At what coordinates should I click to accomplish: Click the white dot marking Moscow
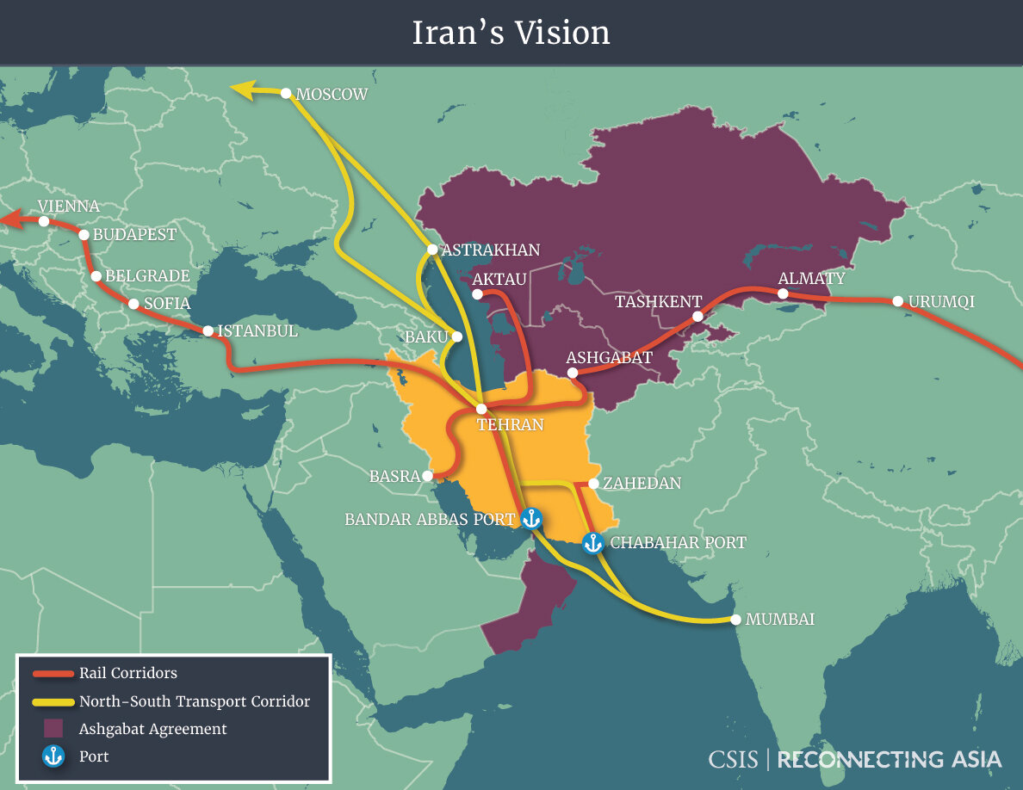(x=287, y=93)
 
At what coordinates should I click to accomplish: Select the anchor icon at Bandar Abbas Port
(x=531, y=518)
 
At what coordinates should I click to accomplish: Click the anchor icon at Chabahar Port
(x=592, y=543)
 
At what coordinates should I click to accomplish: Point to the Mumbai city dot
(x=735, y=619)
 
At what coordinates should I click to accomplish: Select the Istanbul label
(x=257, y=330)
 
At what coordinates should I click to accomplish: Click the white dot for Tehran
(x=481, y=409)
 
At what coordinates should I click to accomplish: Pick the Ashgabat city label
(x=609, y=357)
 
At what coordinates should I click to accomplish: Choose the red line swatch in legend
(x=53, y=674)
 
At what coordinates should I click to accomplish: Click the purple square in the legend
(x=53, y=729)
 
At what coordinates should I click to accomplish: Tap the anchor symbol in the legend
(x=53, y=756)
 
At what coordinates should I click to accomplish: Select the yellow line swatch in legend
(x=53, y=701)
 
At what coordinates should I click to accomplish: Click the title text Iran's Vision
(x=512, y=33)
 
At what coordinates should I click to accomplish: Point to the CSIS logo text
(x=733, y=760)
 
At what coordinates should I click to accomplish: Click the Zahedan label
(x=642, y=484)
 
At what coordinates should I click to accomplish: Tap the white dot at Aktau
(x=477, y=294)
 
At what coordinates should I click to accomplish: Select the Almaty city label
(x=811, y=279)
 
